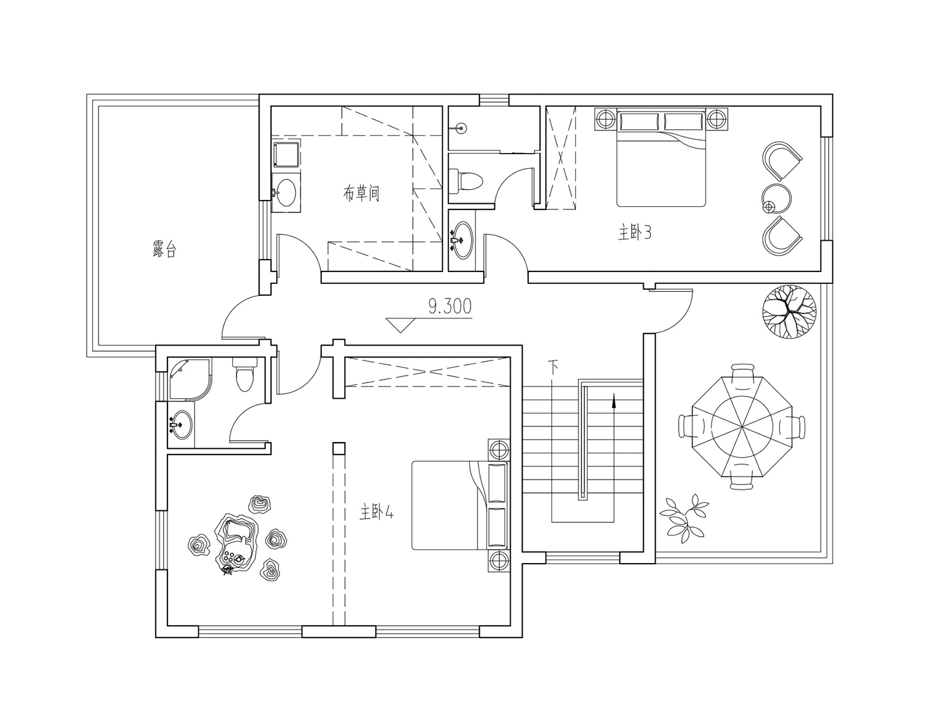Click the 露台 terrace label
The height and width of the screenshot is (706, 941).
pos(164,248)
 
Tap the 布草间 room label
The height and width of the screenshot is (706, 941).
pos(361,193)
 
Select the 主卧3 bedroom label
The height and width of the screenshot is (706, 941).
pos(635,233)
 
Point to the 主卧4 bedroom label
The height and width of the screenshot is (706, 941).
pos(376,512)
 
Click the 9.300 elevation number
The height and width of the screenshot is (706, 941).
pos(450,307)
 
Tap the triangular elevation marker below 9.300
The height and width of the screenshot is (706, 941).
pos(401,325)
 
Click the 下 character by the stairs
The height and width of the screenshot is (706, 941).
pos(553,367)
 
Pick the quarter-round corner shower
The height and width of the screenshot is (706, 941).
pos(189,379)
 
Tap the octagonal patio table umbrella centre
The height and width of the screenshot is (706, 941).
pos(742,427)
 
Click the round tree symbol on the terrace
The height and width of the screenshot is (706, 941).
pos(789,312)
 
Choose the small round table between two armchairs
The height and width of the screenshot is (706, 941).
pos(777,198)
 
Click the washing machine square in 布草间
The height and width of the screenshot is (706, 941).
pos(286,154)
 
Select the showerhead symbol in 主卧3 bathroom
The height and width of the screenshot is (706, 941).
pos(462,127)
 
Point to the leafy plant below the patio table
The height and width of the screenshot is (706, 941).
pos(684,519)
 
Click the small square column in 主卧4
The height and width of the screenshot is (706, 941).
pos(339,448)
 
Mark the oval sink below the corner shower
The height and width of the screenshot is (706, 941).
pos(181,424)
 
